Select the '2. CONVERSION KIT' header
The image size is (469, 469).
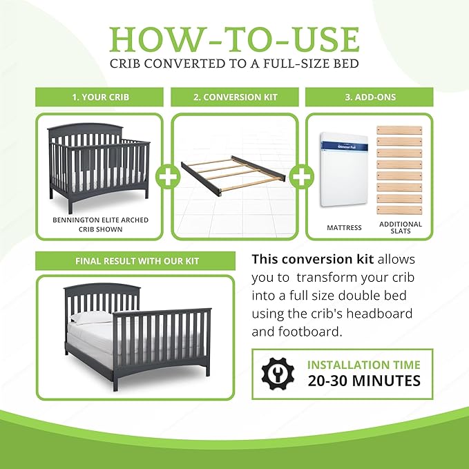pyautogui.click(x=235, y=97)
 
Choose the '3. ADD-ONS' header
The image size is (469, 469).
pyautogui.click(x=369, y=97)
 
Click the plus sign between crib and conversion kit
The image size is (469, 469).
pyautogui.click(x=166, y=177)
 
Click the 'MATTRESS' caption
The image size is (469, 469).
pyautogui.click(x=344, y=227)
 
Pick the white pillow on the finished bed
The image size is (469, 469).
pyautogui.click(x=90, y=317)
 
